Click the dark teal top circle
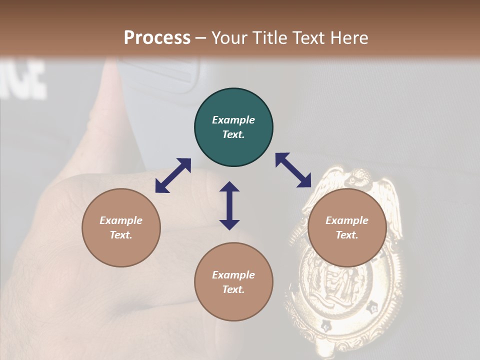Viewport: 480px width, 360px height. point(233,127)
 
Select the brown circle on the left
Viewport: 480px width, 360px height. point(121,227)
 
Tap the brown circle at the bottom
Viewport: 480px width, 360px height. point(233,282)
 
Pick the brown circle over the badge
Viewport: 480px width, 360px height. point(347,227)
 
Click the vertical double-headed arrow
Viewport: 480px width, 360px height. point(229,205)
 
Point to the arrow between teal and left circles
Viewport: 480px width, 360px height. point(173,175)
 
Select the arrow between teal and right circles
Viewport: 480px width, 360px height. point(293,170)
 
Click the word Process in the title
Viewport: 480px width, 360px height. point(157,38)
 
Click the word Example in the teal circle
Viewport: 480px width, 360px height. point(233,120)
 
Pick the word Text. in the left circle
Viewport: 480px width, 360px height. point(121,235)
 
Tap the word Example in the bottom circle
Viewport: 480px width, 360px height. point(233,275)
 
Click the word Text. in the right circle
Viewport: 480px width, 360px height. point(347,235)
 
